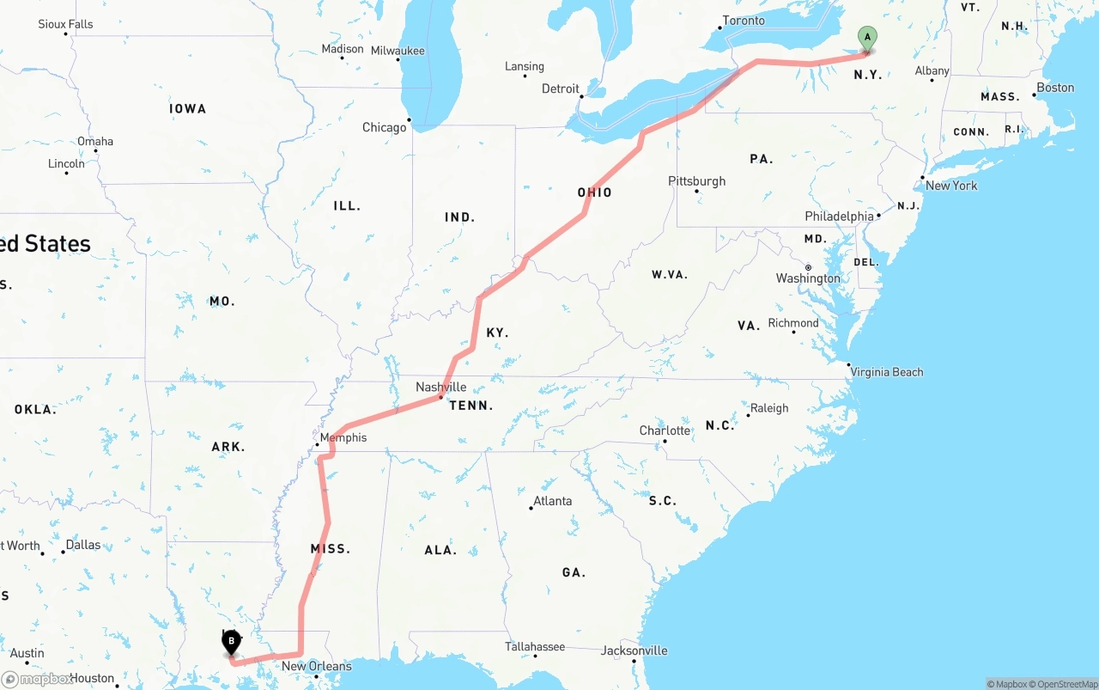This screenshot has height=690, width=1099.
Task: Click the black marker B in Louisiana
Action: (231, 641)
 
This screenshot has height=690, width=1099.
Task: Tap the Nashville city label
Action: (440, 387)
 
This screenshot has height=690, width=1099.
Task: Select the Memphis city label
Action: (343, 437)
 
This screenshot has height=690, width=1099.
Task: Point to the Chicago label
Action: (384, 127)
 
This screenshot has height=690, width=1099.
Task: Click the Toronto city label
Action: (743, 21)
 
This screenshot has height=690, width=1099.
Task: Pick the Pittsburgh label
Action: (696, 180)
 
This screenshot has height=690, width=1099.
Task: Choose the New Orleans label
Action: (316, 666)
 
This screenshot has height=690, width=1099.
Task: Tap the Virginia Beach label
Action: (887, 372)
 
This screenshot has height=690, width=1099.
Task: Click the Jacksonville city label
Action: (635, 650)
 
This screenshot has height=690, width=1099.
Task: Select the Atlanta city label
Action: (552, 500)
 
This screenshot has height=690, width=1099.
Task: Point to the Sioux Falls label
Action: (65, 24)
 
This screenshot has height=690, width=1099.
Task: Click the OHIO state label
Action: (594, 192)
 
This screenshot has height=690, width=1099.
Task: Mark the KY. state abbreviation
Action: (497, 333)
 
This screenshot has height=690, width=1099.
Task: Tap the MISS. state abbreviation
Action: (331, 548)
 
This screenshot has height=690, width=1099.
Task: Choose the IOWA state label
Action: (187, 108)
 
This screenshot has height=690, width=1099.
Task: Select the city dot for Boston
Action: (1034, 95)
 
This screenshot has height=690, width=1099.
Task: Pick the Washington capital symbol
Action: (808, 267)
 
